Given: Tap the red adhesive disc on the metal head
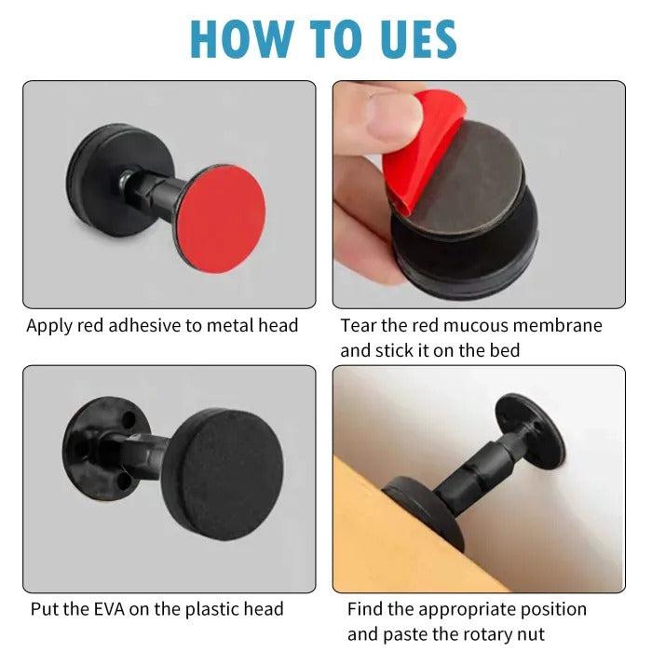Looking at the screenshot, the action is coord(222,219).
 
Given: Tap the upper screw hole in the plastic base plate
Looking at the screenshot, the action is coord(129,419).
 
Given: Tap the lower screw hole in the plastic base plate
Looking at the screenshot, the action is coord(124,482).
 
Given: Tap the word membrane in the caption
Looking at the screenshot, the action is coord(558,325).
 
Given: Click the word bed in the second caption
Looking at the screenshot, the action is coord(504,350).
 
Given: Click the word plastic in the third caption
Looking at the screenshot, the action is coord(212,610).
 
